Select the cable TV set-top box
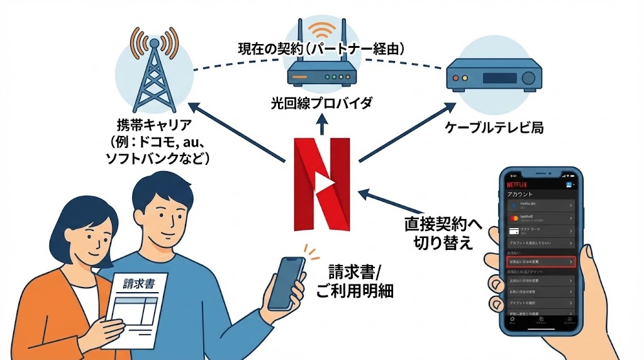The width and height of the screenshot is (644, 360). (493, 79)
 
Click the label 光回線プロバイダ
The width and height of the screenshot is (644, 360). (321, 102)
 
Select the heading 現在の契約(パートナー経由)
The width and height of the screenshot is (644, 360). (321, 48)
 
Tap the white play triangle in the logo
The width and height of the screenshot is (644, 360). (325, 184)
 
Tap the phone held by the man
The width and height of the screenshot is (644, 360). (287, 283)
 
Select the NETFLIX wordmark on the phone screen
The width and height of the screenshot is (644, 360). (519, 186)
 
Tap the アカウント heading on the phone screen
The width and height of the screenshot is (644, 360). (519, 195)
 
